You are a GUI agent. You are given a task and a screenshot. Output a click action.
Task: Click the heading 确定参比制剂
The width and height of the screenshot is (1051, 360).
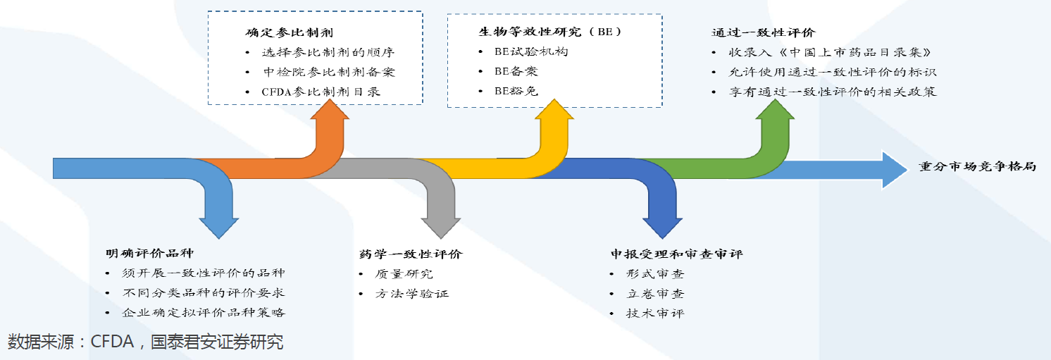click(289, 32)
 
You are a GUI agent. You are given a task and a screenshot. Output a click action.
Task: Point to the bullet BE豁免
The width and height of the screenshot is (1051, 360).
click(516, 91)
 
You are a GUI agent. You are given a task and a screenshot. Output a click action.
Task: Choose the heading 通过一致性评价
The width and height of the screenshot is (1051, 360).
click(763, 32)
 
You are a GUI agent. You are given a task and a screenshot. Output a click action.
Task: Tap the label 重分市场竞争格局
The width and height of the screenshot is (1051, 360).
click(977, 168)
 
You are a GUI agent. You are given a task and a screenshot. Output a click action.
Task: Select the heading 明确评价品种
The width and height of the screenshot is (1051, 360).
click(149, 253)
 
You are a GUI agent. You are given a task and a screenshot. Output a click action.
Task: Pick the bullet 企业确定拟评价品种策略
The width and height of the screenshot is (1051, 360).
click(203, 313)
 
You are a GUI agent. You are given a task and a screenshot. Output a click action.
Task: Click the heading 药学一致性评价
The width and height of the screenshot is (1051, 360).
click(410, 254)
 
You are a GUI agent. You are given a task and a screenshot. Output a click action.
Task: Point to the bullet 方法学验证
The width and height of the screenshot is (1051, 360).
click(412, 293)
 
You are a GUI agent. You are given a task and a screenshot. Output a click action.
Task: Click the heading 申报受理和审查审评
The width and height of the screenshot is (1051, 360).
click(676, 254)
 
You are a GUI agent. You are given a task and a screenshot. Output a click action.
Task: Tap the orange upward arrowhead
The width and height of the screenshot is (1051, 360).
click(330, 113)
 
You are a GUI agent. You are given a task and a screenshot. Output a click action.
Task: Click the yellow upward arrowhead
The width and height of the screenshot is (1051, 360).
click(553, 113)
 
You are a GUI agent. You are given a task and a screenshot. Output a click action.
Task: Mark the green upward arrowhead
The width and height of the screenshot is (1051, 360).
click(775, 113)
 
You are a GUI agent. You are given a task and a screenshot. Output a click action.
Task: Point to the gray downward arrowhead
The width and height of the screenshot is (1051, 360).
click(441, 224)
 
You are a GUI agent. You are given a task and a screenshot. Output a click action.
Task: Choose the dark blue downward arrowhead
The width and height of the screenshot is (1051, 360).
click(662, 224)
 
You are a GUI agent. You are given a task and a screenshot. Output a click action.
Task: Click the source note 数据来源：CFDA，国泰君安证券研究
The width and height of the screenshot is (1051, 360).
click(146, 343)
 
